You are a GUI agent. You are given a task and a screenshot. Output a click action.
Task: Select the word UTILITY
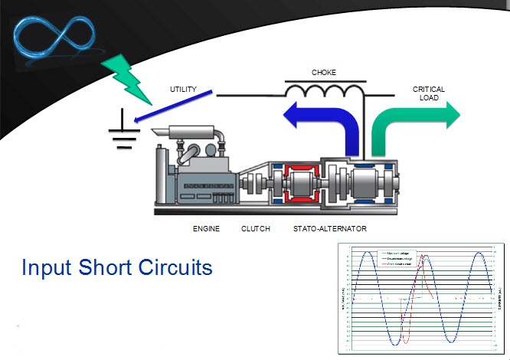click(183, 90)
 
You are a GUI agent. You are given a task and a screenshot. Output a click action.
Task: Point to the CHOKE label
click(323, 73)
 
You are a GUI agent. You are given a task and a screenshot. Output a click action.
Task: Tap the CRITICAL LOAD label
click(428, 93)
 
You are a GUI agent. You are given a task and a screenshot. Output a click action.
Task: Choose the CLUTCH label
click(255, 229)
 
